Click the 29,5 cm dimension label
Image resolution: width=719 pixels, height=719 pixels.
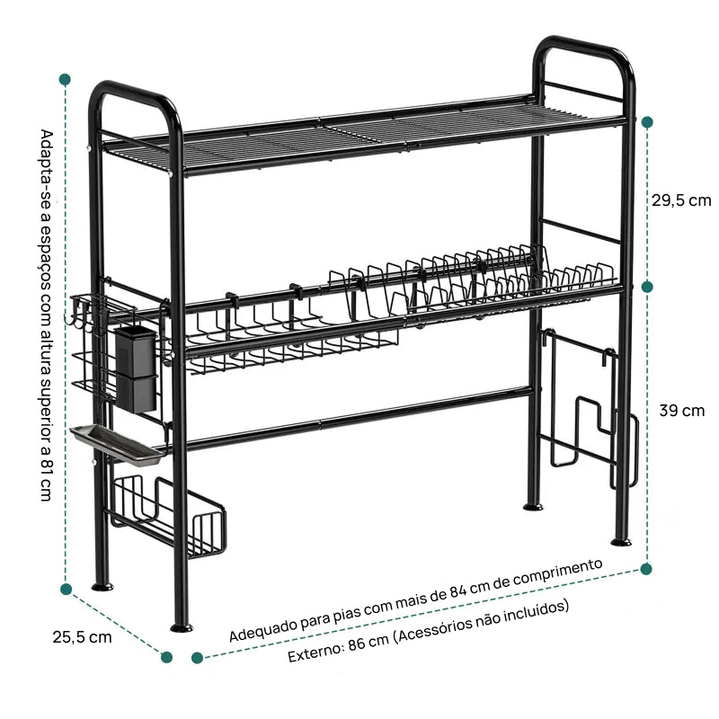680,200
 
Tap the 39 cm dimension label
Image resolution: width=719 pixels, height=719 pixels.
681,411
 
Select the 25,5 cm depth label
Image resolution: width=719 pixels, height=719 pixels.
82,637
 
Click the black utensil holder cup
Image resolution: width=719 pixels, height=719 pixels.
136,368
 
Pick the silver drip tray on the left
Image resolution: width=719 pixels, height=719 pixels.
117,443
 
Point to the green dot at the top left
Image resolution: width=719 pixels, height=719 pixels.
66,78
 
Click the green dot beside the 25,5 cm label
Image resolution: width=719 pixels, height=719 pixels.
166,657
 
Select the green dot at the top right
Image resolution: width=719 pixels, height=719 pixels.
647,121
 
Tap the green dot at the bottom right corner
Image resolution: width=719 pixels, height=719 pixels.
645,568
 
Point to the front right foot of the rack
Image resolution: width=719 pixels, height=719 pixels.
620,541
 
